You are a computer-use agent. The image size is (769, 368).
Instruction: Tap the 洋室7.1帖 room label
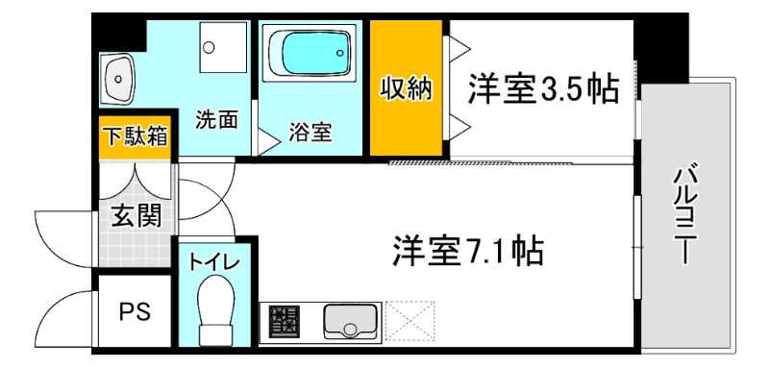pyautogui.click(x=468, y=252)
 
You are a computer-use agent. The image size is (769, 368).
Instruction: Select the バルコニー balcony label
pyautogui.click(x=683, y=215)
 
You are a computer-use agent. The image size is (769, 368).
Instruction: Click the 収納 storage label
pyautogui.click(x=407, y=89)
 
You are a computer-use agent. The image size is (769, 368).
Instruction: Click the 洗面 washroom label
pyautogui.click(x=216, y=120)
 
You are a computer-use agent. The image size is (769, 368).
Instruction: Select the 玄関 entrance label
pyautogui.click(x=135, y=215)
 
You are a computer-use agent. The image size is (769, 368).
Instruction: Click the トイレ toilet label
pyautogui.click(x=213, y=261)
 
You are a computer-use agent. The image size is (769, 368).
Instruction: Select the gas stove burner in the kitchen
pyautogui.click(x=284, y=321)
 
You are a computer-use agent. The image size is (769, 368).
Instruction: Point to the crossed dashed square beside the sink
pyautogui.click(x=410, y=320)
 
